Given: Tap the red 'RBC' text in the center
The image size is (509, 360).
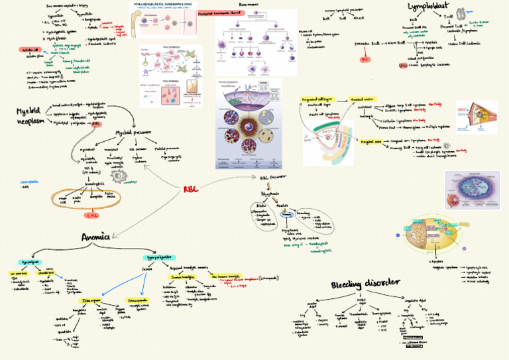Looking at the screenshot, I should click(191, 190).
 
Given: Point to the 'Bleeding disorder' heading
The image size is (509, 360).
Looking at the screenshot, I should click(366, 284).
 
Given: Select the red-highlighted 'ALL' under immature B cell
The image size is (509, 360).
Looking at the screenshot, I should click(365, 60).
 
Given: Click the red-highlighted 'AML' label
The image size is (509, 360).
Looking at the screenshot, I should click(97, 123).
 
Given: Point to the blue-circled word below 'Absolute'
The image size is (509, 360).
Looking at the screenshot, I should click(287, 215).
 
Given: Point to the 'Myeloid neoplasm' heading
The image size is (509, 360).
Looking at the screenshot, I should click(31, 117).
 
